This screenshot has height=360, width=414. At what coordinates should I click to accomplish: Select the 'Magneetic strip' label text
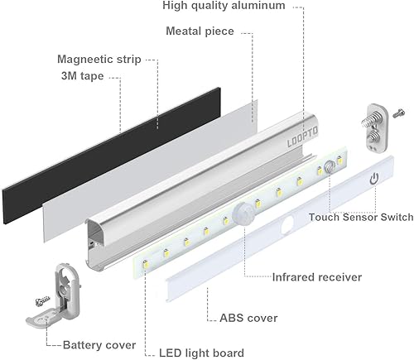(x=99, y=60)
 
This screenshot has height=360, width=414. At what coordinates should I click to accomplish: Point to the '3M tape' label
(x=87, y=79)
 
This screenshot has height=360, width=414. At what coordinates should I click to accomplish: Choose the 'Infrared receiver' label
(x=317, y=277)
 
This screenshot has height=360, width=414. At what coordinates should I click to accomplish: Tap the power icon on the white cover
(x=374, y=178)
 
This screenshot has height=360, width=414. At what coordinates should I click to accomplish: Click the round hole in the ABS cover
(x=290, y=224)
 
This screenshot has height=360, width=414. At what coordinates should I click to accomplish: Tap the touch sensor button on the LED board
(x=330, y=168)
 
